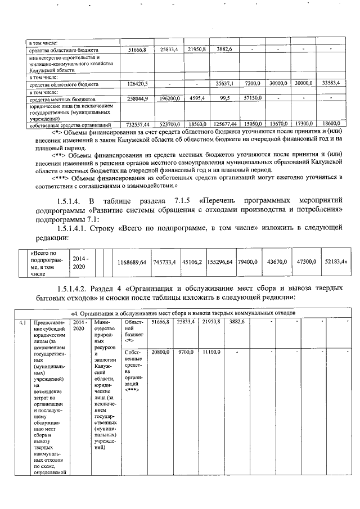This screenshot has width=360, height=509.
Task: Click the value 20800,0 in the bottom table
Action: (x=160, y=352)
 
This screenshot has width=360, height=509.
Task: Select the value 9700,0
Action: (x=186, y=352)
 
